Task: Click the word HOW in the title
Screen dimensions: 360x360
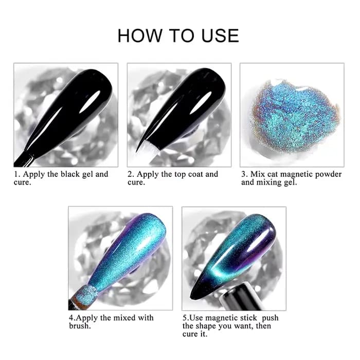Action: coord(140,35)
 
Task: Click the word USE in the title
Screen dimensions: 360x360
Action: coord(220,35)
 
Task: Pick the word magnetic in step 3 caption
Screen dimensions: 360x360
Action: coord(297,175)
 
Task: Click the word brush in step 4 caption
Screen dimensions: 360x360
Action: coord(80,326)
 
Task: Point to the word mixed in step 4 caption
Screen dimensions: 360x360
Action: coord(125,318)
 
